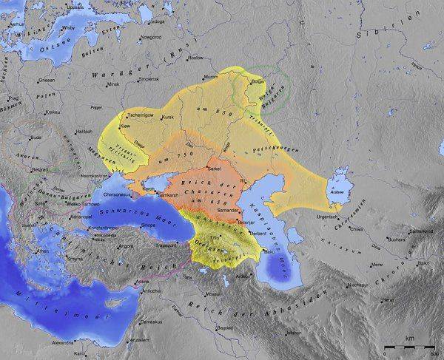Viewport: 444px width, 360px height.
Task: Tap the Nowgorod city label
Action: [x=152, y=35]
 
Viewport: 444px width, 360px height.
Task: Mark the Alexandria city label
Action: [x=63, y=343]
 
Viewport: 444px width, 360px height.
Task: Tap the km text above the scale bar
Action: [x=408, y=340]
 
